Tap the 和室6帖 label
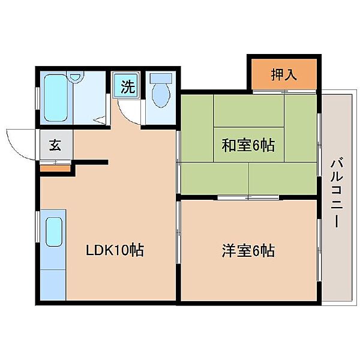[x=248, y=145]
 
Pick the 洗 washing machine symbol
[x=127, y=86]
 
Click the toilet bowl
[x=160, y=94]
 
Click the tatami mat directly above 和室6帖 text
[x=248, y=111]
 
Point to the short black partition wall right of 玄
[x=90, y=162]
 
